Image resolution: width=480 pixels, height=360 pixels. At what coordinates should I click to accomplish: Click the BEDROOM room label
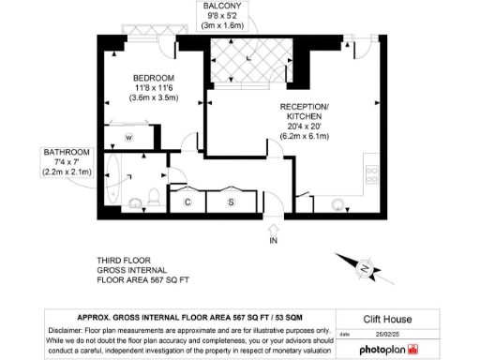[154, 77]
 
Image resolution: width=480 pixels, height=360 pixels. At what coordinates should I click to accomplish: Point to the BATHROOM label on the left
[66, 153]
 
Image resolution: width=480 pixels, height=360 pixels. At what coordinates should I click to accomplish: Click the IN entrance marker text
[274, 242]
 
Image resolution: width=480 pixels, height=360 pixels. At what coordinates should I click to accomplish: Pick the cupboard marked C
[188, 202]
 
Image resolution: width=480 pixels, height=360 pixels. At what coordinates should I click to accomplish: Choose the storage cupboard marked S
[232, 202]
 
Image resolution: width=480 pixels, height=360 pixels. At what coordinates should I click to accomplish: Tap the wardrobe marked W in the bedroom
[129, 138]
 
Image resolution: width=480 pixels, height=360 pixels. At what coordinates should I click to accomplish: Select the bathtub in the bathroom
[113, 184]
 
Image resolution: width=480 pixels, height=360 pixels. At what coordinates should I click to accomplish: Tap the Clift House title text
[387, 319]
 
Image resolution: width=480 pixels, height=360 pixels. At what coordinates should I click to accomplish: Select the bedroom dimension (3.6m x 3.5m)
[154, 97]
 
